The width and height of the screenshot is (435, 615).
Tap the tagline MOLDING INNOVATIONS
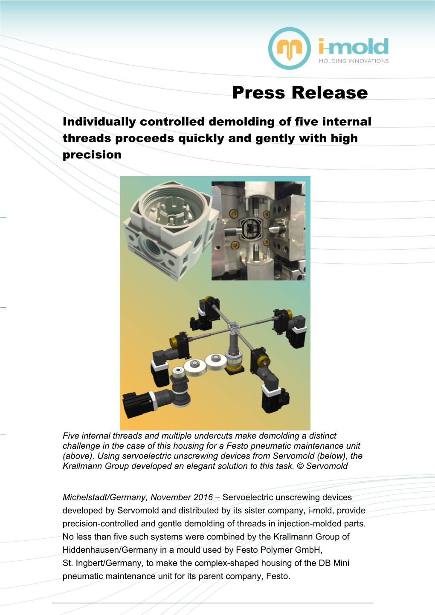[x=354, y=61]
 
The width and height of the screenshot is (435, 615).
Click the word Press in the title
[x=258, y=93]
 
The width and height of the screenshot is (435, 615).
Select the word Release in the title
[x=330, y=92]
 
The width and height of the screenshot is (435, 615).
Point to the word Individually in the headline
[x=99, y=122]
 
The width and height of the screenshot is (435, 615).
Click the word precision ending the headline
[x=92, y=155]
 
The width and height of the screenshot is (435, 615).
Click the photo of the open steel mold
[x=258, y=231]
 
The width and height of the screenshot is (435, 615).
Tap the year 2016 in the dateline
[x=203, y=497]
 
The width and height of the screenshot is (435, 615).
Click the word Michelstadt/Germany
[x=105, y=497]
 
